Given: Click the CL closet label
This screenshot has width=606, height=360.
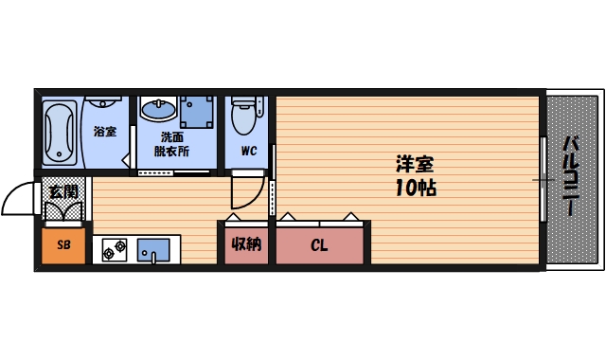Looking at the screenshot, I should click(319, 245).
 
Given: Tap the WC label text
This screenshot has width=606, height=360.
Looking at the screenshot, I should click(248, 151).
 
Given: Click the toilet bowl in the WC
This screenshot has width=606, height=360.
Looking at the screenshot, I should click(247, 119).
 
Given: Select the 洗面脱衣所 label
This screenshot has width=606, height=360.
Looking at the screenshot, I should click(174, 143).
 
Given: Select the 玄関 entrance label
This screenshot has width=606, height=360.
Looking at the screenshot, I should click(62, 191).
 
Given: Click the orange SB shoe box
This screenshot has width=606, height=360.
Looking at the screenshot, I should click(63, 245).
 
